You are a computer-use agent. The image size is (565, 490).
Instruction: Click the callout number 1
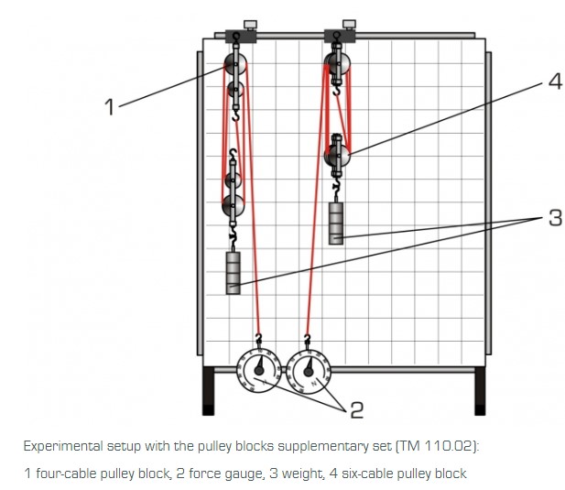[x=110, y=107]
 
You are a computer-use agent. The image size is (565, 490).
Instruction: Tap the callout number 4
[x=554, y=81]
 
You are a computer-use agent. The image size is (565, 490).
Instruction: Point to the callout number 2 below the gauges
[x=356, y=409]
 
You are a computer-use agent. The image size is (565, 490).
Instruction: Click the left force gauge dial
[x=259, y=370]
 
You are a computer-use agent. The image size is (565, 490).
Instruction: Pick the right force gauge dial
[x=309, y=370]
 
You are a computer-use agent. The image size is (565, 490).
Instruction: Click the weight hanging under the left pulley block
[x=234, y=273]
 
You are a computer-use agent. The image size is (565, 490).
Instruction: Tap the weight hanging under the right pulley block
[x=337, y=223]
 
